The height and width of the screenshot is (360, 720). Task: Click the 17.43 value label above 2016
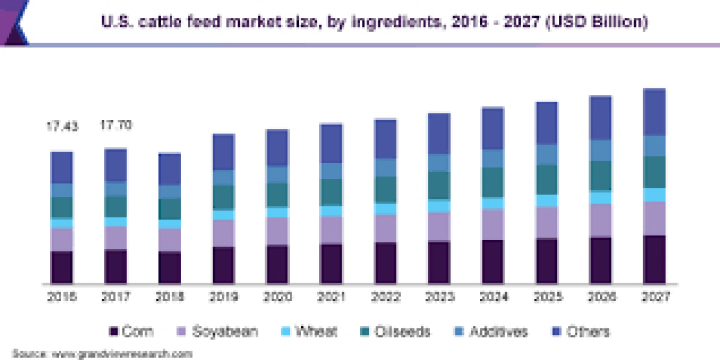[x=62, y=126]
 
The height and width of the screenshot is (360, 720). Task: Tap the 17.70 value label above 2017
[x=116, y=125]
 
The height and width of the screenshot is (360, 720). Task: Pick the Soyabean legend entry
[x=218, y=331]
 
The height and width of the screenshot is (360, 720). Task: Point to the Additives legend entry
[x=491, y=331]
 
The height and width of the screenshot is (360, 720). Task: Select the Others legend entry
[x=582, y=331]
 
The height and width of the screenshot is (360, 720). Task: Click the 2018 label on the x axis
[x=170, y=296]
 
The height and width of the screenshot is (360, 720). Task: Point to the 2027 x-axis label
[x=655, y=296]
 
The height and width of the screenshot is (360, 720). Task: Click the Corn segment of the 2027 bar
[x=655, y=259]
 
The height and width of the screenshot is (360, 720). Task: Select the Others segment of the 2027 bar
[x=655, y=112]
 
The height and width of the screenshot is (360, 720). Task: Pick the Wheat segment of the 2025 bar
[x=547, y=200]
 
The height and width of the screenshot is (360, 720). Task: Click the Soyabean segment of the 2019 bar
[x=224, y=233]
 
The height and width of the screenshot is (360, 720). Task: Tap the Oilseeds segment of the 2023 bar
[x=439, y=185]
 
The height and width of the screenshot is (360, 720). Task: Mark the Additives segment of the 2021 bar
[x=332, y=171]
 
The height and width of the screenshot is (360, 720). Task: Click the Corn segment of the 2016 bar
[x=62, y=267]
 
